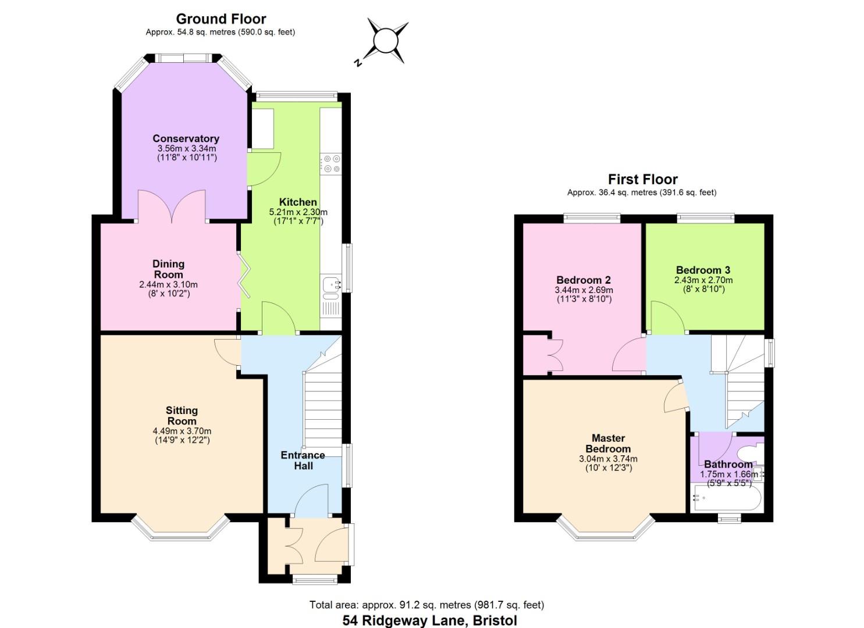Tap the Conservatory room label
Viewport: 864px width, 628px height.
point(186,138)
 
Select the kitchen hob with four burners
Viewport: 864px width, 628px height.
point(332,163)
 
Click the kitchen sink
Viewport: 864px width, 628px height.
point(331,284)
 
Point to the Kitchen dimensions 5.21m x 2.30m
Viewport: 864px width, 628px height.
point(298,212)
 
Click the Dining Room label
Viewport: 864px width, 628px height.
point(168,269)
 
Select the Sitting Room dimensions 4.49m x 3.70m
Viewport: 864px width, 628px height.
point(182,431)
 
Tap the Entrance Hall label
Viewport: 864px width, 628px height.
point(303,460)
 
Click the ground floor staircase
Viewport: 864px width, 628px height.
point(322,407)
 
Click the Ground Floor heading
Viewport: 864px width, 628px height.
point(221,19)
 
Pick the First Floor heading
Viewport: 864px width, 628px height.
point(642,179)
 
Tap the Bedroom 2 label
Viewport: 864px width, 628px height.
point(583,280)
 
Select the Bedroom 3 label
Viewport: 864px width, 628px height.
point(703,270)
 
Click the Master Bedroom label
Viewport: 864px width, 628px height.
point(608,443)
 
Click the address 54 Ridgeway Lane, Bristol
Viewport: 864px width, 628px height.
point(429,620)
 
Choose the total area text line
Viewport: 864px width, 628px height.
point(426,605)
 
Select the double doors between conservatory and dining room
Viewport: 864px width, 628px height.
point(172,206)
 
